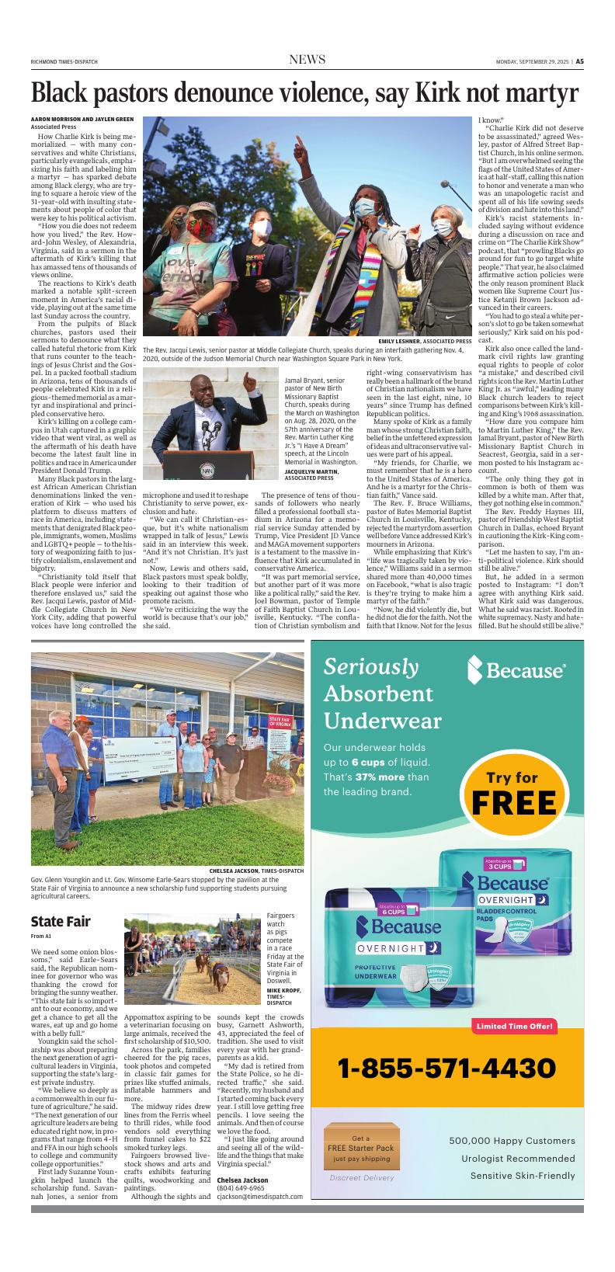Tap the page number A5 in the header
(x=579, y=62)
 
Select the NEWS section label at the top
(x=307, y=61)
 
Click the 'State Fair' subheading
(x=61, y=922)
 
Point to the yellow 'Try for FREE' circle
(x=512, y=791)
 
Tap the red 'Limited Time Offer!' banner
(x=514, y=1027)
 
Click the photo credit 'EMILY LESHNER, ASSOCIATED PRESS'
(x=425, y=341)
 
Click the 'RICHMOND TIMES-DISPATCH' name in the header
(x=64, y=62)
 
